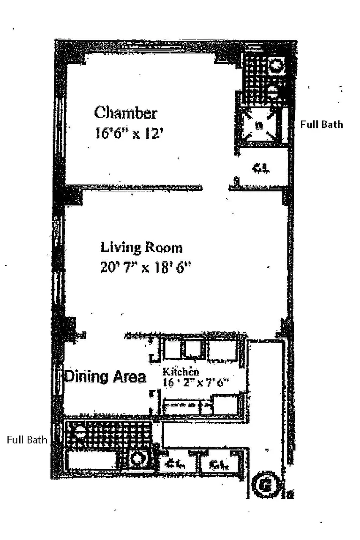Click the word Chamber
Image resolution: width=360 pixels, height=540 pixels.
tap(125, 113)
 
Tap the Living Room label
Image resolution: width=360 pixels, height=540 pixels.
tap(142, 247)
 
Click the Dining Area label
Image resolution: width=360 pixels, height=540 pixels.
tap(105, 377)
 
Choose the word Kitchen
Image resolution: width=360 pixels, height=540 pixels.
tap(180, 372)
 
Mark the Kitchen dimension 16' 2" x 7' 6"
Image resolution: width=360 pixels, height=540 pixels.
tap(195, 382)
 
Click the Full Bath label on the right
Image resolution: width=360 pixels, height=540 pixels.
tap(322, 124)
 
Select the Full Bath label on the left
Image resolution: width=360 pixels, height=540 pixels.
tap(27, 440)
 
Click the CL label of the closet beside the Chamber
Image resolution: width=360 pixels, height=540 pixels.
tap(261, 168)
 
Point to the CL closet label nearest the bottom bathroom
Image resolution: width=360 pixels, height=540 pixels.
tap(174, 465)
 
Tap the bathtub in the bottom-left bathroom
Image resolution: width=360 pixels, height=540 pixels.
tap(91, 459)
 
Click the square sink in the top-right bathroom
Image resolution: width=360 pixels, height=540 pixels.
tap(277, 65)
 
